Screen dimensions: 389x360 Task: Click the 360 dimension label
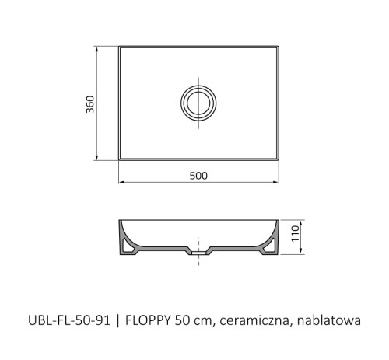[x=90, y=104]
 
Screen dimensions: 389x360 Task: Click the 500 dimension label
[x=198, y=176]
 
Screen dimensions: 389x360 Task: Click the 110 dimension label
[x=295, y=234]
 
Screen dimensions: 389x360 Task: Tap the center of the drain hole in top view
[x=198, y=103]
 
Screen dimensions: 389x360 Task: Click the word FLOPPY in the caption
[x=148, y=320]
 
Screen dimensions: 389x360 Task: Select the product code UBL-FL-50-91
[x=69, y=320]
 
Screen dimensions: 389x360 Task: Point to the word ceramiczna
[x=254, y=321]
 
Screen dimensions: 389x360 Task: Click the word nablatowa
[x=329, y=320]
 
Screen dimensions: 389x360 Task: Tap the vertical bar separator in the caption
[x=118, y=321]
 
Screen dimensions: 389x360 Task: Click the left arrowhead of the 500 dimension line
[x=121, y=183]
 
